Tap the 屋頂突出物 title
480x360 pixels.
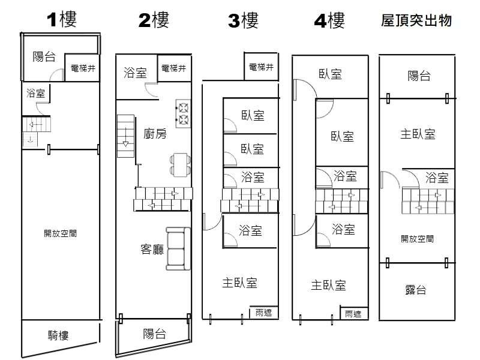(x=416, y=21)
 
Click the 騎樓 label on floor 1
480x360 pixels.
(x=61, y=335)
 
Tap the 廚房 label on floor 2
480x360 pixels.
(x=155, y=133)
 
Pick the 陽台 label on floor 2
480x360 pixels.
(x=155, y=334)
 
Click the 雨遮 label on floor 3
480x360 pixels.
(x=263, y=313)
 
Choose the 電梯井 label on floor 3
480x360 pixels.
(x=261, y=67)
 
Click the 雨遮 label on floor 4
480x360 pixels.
(x=353, y=313)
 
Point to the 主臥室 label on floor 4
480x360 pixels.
(x=328, y=285)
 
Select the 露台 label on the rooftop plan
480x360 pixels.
(x=416, y=290)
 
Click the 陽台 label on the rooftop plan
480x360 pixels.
(x=419, y=76)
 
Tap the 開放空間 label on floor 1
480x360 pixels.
(x=60, y=233)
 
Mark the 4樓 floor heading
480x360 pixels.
(x=329, y=21)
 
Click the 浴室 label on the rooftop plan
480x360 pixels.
(x=437, y=177)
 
